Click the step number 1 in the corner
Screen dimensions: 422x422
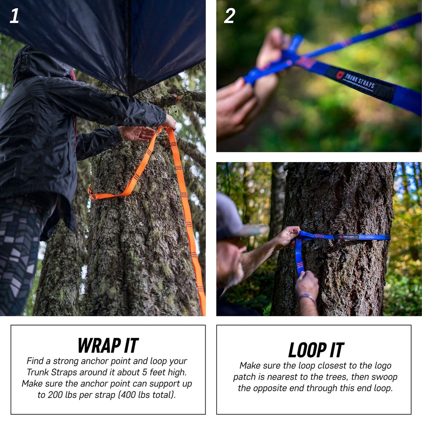pos(14,16)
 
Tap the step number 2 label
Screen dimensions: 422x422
pos(229,16)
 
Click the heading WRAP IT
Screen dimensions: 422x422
pos(108,345)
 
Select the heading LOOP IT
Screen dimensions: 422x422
pos(316,350)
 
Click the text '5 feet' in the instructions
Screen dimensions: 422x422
pos(155,372)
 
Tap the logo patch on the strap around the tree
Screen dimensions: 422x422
pos(348,237)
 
